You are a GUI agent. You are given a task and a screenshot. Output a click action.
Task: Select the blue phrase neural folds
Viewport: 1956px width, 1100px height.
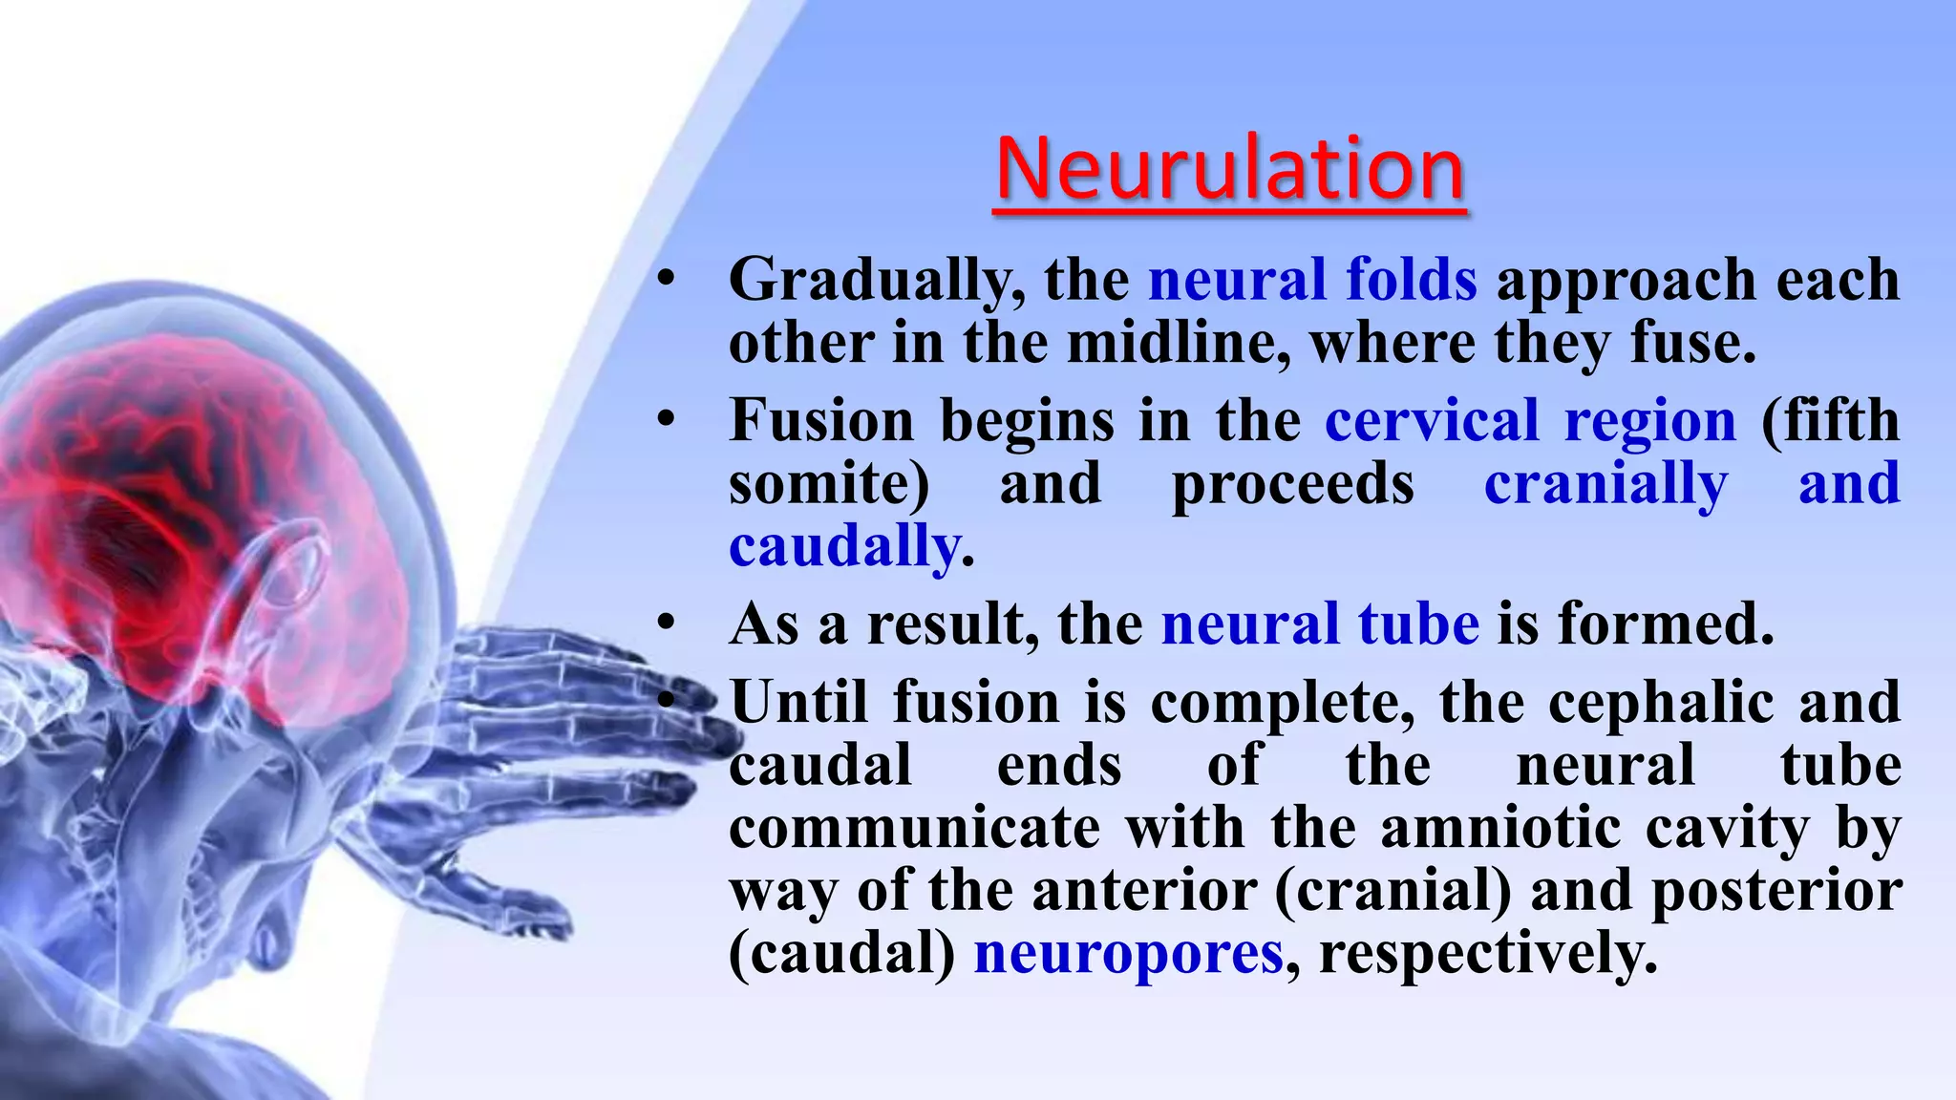point(1312,281)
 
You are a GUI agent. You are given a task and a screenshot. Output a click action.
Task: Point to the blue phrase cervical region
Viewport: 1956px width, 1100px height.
point(1530,421)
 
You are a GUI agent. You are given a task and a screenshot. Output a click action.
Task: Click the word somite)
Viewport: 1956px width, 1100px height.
point(828,484)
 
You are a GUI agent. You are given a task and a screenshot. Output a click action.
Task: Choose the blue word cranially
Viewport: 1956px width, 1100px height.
point(1605,484)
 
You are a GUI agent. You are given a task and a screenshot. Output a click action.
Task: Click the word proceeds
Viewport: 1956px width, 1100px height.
point(1292,484)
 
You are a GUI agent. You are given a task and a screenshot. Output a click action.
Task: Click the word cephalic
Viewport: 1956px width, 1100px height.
point(1661,703)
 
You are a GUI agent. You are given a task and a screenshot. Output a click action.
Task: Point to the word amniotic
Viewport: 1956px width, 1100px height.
point(1500,828)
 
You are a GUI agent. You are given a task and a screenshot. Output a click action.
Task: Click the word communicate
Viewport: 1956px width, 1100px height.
point(914,828)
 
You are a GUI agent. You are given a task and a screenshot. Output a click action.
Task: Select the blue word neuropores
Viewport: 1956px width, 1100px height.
point(1128,954)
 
